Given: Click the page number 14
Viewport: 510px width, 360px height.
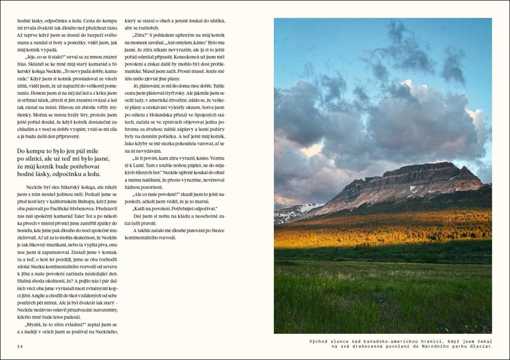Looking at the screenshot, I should [x=20, y=346].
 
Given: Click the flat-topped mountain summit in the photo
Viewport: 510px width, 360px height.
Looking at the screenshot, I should [x=423, y=167].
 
